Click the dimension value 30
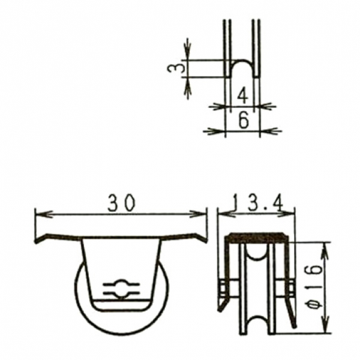[122, 203]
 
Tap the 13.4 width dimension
[258, 203]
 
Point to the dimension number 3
[176, 68]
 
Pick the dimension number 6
[244, 120]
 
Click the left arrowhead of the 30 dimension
[44, 215]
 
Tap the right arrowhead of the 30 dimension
[197, 214]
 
